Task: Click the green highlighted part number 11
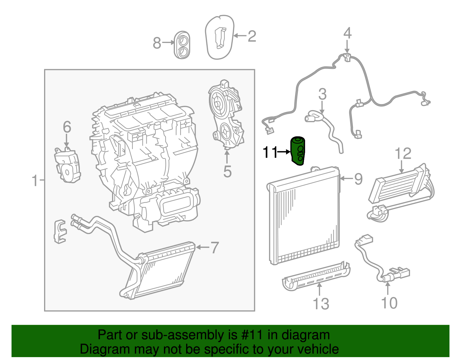297,151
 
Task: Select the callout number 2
252,36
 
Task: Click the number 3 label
322,94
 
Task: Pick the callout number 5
227,172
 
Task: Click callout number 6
67,127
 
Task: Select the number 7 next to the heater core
215,248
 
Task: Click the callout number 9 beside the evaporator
358,179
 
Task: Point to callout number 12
403,154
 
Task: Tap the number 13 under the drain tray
321,304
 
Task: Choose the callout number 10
389,303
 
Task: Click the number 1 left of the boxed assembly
35,181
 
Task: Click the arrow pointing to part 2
240,36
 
